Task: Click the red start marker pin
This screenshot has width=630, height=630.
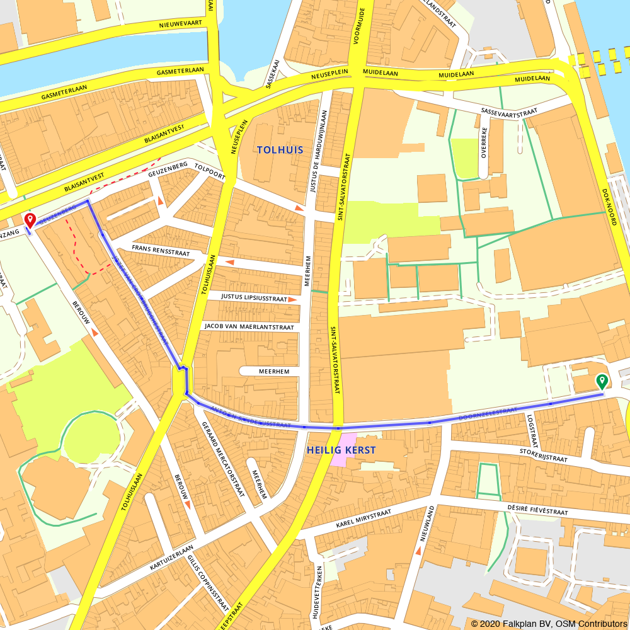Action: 29,220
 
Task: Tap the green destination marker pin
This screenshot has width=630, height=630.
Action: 602,381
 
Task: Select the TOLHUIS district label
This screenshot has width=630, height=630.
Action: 280,150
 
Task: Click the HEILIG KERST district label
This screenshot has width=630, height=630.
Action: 341,450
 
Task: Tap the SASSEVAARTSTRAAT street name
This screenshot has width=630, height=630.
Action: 509,112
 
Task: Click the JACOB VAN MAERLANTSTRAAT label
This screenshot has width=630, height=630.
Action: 249,327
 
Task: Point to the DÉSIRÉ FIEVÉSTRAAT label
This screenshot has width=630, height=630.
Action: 537,510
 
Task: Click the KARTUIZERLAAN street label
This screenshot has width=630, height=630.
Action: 171,559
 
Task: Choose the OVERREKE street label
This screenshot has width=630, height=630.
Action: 484,143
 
